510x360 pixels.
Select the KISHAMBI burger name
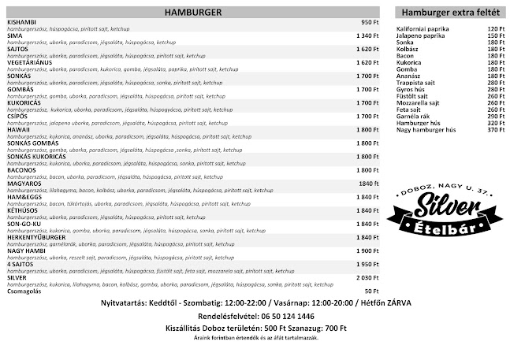click(x=20, y=22)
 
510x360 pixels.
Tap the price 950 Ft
click(x=370, y=22)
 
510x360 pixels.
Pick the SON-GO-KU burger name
click(x=24, y=224)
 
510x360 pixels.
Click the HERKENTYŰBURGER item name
click(x=37, y=237)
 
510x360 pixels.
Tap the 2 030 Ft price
click(x=367, y=277)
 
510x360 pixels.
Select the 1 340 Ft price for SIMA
click(x=367, y=35)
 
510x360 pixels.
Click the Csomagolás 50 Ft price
click(x=371, y=291)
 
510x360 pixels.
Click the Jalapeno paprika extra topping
click(x=423, y=35)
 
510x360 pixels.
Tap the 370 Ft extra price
click(x=495, y=129)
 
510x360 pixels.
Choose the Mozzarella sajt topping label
click(x=419, y=102)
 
